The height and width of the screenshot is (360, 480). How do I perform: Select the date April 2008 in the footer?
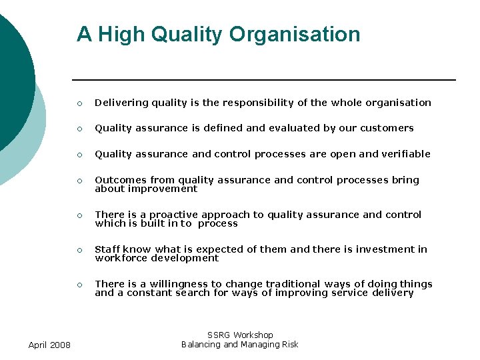50,345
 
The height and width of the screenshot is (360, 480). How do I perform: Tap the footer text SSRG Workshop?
240,335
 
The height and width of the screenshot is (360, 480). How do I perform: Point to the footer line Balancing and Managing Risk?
240,345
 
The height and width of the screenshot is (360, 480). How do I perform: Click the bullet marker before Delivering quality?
79,103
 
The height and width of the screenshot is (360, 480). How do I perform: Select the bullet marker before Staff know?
79,250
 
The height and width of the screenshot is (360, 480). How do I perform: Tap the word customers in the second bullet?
387,128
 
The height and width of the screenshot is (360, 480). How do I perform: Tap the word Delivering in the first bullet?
121,103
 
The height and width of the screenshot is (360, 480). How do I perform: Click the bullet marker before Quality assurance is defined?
79,129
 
